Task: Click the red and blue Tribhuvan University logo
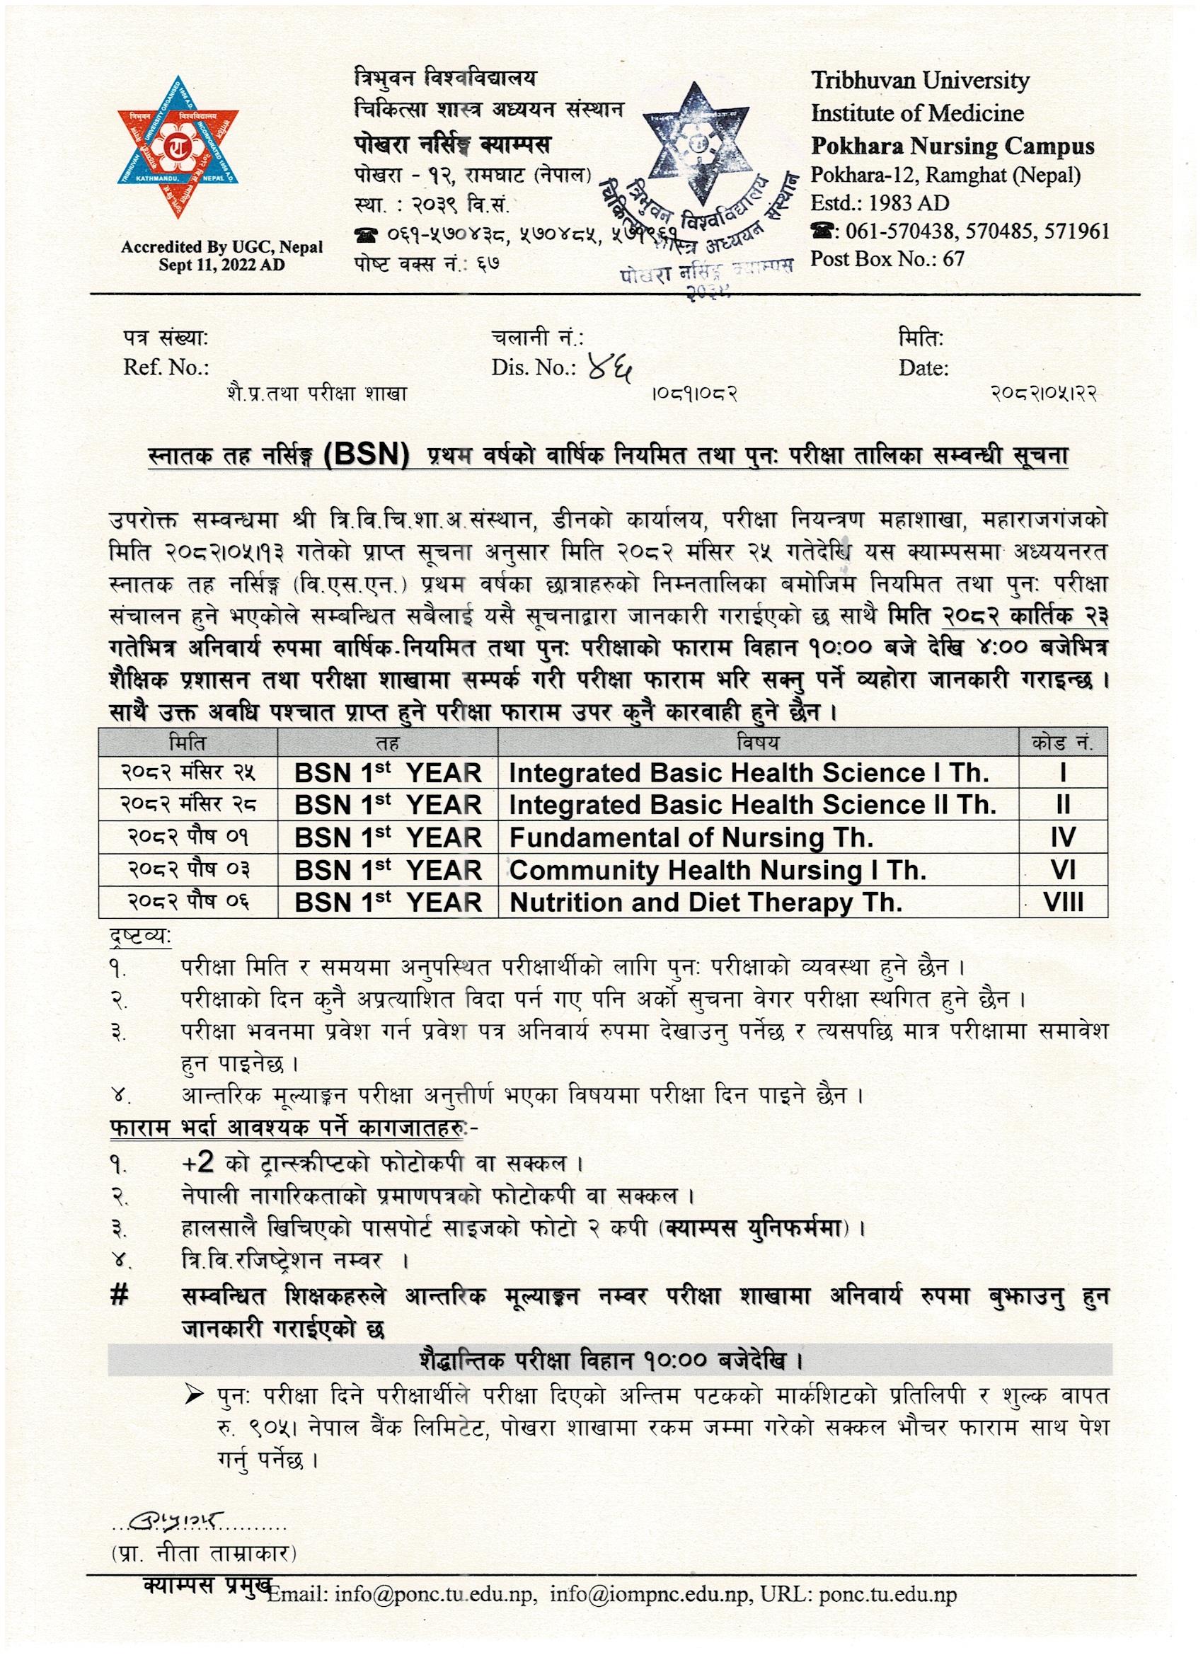179,146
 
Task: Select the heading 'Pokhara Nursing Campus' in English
952,146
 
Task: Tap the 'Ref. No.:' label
166,367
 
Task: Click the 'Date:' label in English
923,368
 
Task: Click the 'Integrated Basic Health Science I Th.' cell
749,773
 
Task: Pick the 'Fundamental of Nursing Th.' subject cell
691,837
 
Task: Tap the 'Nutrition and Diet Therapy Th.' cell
706,903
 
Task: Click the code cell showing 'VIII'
1063,903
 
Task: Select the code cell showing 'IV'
1063,837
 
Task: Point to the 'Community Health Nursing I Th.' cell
717,870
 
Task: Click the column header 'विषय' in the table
758,743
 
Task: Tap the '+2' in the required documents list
197,1163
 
